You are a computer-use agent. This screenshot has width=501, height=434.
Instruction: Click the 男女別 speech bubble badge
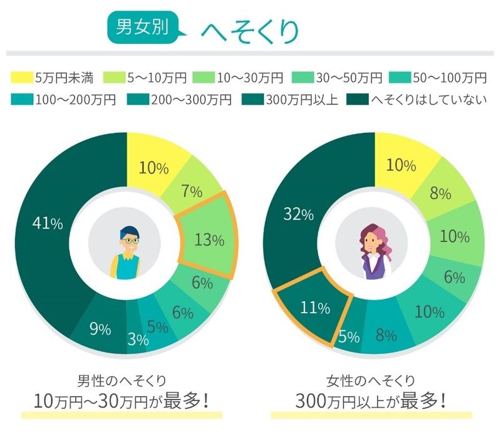143,29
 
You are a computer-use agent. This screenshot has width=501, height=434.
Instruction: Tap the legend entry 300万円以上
294,100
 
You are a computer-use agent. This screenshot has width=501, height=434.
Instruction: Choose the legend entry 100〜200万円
63,100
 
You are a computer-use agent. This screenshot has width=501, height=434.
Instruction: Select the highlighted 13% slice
209,239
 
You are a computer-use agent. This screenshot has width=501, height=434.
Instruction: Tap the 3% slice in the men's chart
138,339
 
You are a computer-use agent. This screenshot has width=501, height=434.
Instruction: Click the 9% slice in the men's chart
100,329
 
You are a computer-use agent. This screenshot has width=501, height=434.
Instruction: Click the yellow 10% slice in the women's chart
401,165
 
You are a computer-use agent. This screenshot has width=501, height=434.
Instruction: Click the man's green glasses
130,240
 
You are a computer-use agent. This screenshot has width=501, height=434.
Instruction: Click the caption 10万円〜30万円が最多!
121,399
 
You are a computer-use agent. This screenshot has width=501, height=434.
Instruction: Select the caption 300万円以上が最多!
371,399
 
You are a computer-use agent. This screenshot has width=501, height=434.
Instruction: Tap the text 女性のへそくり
371,380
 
